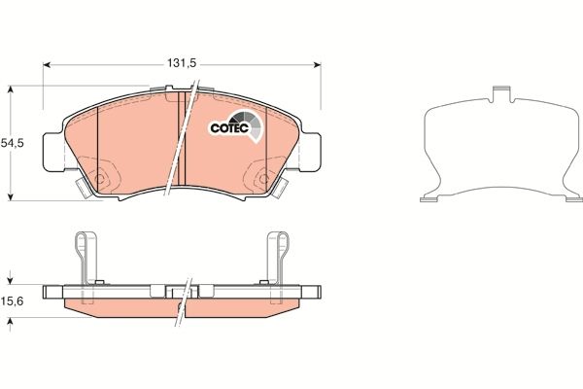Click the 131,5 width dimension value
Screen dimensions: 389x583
tap(182, 62)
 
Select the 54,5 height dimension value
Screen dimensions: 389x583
tap(12, 142)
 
